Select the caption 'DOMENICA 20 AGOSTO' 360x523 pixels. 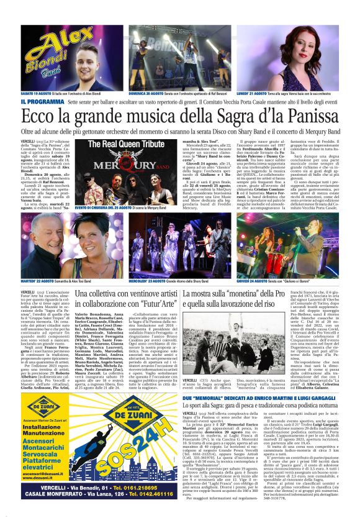click(146, 93)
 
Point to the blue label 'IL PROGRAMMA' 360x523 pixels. click(41, 101)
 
